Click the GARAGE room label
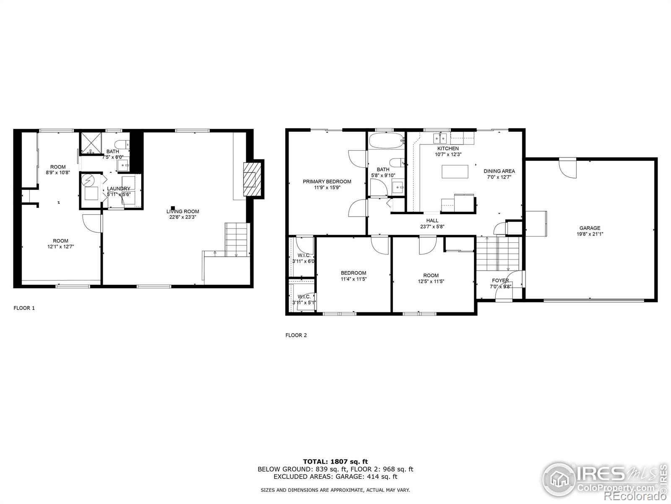click(590, 228)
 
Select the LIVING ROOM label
click(182, 211)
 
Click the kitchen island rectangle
click(455, 172)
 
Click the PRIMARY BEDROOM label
click(327, 181)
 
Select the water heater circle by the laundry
click(89, 181)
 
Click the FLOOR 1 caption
click(24, 308)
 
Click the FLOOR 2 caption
click(296, 335)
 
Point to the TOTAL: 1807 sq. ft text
click(335, 462)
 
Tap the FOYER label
click(500, 281)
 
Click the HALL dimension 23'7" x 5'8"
click(432, 226)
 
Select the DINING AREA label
click(499, 171)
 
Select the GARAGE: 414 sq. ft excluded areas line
click(335, 477)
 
